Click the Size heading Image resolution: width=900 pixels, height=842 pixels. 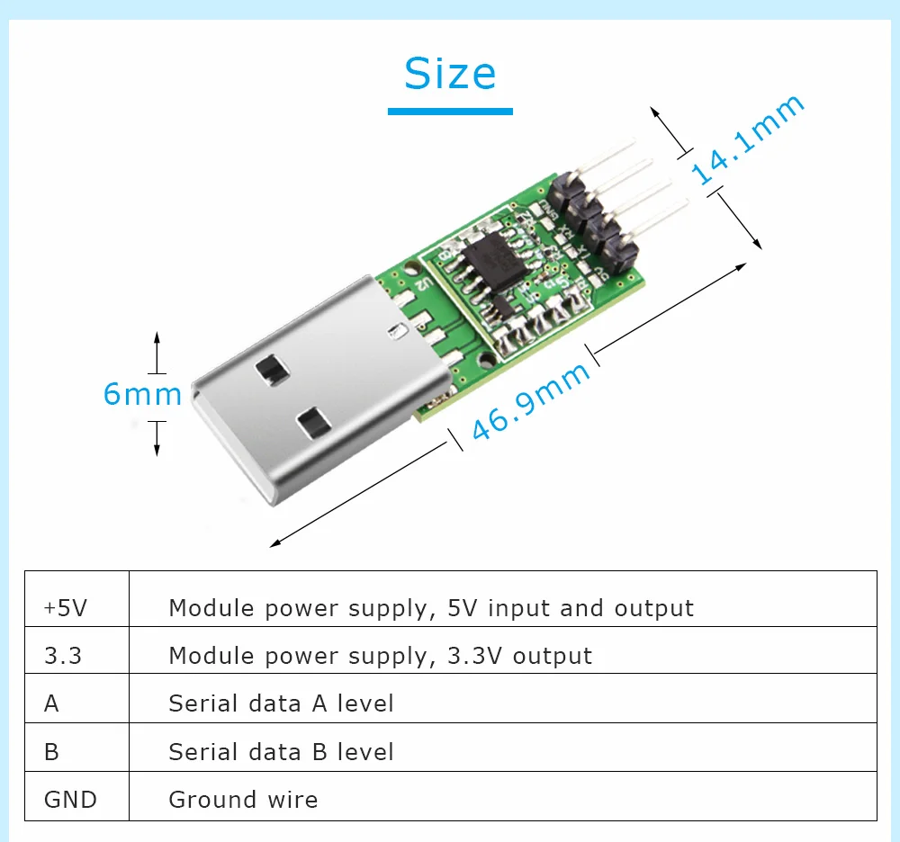click(450, 74)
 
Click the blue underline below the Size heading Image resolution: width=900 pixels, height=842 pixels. click(450, 111)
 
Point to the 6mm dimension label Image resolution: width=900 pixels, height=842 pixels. click(142, 394)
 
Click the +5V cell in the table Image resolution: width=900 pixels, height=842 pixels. click(66, 608)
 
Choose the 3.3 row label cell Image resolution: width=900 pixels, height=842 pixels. click(63, 656)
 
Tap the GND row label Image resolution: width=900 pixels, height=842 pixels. click(70, 799)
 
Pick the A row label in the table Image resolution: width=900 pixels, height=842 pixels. click(51, 703)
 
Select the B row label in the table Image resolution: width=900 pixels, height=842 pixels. click(51, 751)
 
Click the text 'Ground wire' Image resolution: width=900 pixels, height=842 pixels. click(243, 799)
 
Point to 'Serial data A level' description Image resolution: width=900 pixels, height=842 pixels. click(281, 703)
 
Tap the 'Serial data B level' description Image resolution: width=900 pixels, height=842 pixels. click(281, 751)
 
